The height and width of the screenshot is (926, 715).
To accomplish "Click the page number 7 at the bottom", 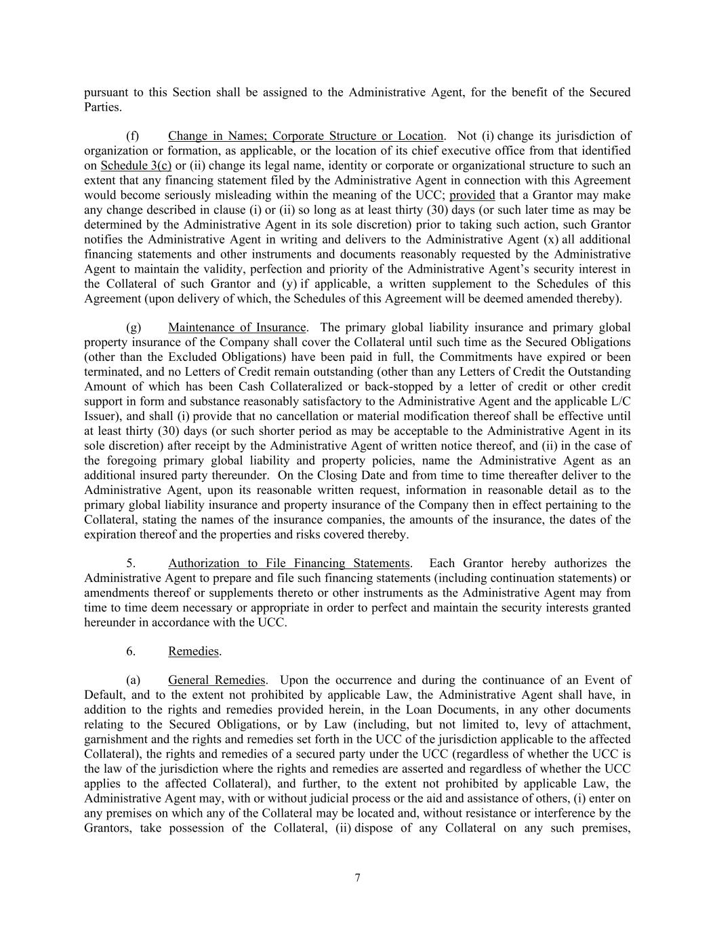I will click(x=357, y=878).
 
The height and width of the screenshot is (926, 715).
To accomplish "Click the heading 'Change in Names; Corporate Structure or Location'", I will click(x=306, y=136).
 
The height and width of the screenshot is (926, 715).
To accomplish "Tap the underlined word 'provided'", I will click(x=472, y=195).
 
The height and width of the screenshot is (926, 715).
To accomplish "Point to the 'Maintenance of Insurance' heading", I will click(x=237, y=328).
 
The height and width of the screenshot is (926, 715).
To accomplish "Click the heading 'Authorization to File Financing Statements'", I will click(x=289, y=564).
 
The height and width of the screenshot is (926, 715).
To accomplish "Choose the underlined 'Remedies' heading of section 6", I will click(x=193, y=652).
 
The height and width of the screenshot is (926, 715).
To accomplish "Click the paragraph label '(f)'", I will click(x=133, y=136).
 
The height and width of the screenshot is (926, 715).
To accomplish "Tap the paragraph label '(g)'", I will click(x=134, y=328).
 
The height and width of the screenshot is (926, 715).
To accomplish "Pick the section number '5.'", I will click(x=131, y=564).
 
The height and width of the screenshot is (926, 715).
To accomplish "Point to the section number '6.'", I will click(x=131, y=652).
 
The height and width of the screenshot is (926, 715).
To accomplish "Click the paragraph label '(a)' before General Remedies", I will click(x=134, y=680).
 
